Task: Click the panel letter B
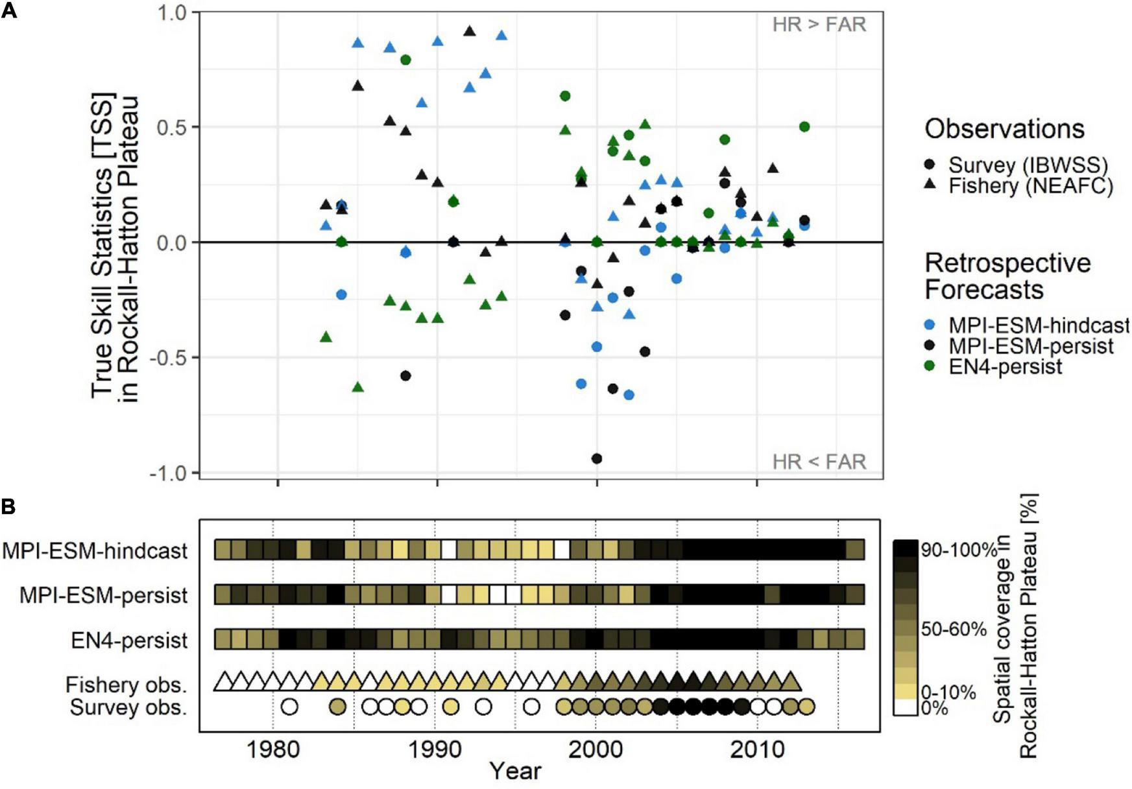point(9,506)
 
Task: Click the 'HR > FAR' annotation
point(819,25)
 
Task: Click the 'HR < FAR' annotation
point(819,462)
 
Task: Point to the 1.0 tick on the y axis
point(171,12)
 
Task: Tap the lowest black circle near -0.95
point(597,458)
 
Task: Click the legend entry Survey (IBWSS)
point(1028,165)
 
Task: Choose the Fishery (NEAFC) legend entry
point(1030,186)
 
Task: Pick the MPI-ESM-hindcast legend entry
point(1038,325)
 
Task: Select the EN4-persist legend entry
point(1005,366)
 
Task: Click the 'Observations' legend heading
point(1004,129)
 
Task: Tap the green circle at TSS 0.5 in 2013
point(804,126)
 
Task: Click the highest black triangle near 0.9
point(470,31)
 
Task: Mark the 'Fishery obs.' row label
point(126,685)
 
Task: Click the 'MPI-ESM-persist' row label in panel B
point(103,595)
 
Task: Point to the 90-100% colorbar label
point(958,550)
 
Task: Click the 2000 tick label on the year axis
point(596,750)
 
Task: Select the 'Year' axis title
point(515,771)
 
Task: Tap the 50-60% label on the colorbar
point(954,629)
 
